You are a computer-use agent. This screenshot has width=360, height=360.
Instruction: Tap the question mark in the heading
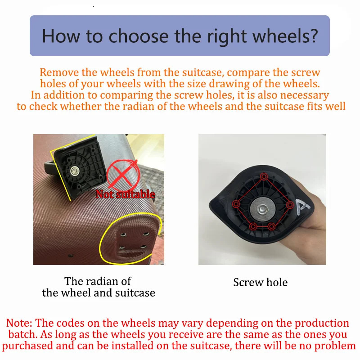click(313, 36)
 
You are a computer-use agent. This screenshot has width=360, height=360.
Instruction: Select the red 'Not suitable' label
click(125, 194)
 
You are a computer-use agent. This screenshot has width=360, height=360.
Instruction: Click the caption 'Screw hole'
click(260, 283)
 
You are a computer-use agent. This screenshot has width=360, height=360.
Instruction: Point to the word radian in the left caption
click(110, 281)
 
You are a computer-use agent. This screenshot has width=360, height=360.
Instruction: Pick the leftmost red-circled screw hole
click(235, 204)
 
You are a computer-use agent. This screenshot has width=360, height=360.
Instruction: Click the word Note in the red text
click(19, 323)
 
